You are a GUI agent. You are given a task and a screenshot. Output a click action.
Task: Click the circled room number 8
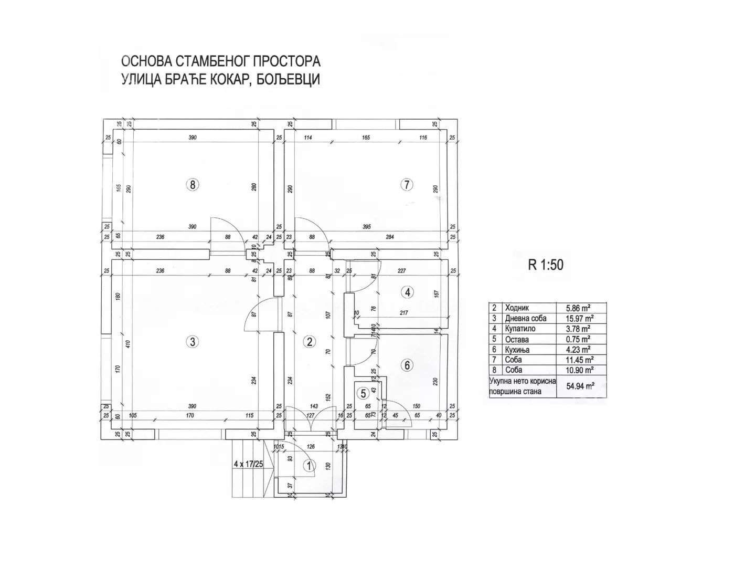tap(193, 184)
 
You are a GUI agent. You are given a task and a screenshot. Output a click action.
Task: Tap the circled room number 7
tap(407, 184)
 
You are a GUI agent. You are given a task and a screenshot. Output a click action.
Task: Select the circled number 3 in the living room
tap(193, 341)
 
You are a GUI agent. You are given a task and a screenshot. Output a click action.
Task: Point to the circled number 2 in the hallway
tap(310, 342)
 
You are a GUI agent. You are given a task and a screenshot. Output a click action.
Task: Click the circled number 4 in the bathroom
tap(407, 292)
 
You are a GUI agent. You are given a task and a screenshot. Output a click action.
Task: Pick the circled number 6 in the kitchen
tap(407, 365)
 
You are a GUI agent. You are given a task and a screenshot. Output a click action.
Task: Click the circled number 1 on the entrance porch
tap(309, 465)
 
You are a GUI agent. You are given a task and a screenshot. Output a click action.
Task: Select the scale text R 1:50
tap(546, 265)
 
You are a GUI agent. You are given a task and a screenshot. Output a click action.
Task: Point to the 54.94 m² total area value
tap(580, 386)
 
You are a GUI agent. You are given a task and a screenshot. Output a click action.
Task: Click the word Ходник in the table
tap(517, 308)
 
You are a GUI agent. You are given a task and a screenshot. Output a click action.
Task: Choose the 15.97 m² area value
tap(580, 319)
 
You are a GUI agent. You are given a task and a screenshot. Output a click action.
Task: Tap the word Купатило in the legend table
tap(520, 329)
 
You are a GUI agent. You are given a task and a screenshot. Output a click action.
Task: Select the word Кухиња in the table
tap(517, 350)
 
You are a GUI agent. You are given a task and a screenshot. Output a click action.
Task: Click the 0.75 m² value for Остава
tap(578, 339)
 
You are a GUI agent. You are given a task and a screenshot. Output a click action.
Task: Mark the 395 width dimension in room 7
tap(366, 227)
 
